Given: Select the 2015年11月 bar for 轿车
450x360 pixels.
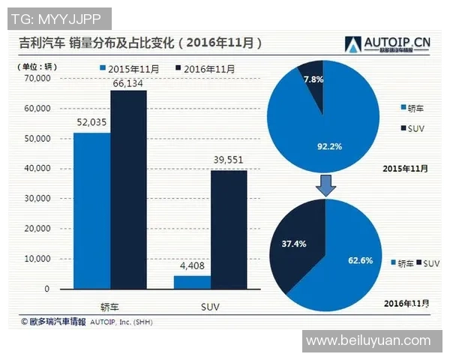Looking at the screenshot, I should coord(91,211).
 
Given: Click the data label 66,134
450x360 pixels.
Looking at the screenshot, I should coord(129,82).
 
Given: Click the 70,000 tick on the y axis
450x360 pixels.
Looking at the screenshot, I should coord(37,78).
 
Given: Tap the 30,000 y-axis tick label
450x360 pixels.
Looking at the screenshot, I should coord(37,199).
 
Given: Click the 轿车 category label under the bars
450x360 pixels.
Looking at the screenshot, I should coord(110,306).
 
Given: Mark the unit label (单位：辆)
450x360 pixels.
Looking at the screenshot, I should coord(37,67).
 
